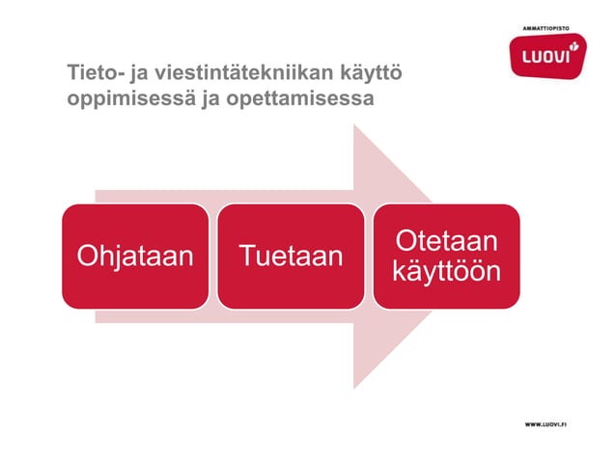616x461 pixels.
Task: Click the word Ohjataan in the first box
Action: (x=134, y=257)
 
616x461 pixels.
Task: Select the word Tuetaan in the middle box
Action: (x=291, y=257)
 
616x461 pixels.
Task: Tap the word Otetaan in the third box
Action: (x=446, y=240)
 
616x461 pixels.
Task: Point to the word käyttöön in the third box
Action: (x=446, y=272)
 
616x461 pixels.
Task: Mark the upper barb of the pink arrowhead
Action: (x=357, y=135)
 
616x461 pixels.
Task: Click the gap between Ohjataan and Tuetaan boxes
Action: (x=212, y=257)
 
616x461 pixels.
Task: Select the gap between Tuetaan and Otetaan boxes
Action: (x=369, y=257)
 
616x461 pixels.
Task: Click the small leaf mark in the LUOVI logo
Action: (x=574, y=45)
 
